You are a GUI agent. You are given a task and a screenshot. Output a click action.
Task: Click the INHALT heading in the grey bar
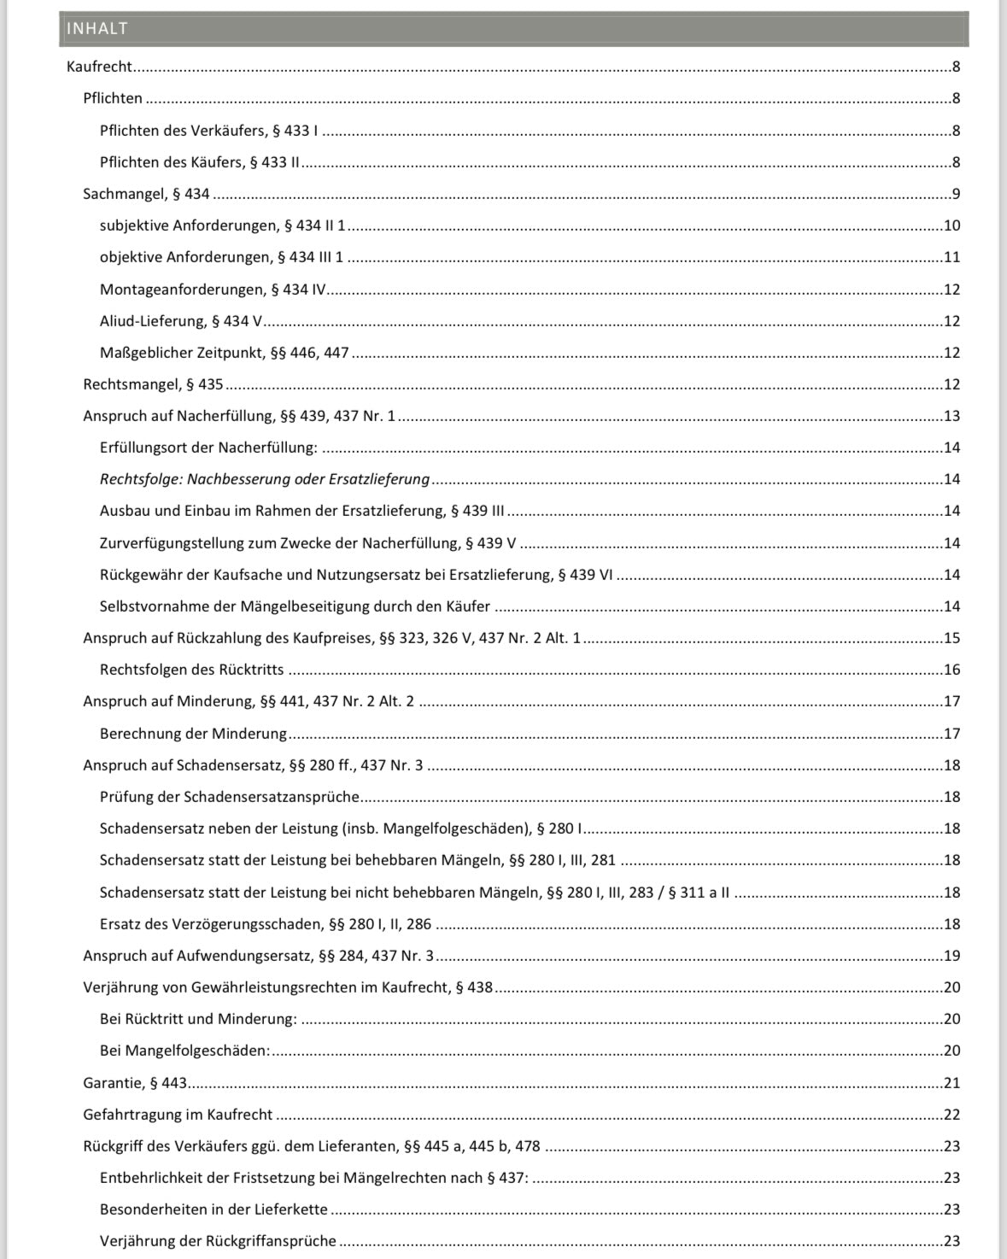(x=97, y=28)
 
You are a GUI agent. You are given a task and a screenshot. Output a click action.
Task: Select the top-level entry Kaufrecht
(x=99, y=67)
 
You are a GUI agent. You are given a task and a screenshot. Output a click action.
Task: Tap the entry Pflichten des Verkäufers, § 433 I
(x=208, y=131)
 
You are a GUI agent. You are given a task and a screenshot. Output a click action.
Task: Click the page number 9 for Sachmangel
(x=956, y=194)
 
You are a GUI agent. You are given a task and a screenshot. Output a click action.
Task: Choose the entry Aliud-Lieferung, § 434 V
(x=181, y=321)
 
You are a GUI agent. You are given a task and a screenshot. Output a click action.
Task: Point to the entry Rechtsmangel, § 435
(x=153, y=384)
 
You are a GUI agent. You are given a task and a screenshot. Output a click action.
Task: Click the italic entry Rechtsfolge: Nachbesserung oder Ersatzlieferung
(x=265, y=479)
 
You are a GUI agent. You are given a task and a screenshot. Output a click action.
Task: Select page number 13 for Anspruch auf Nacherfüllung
(x=951, y=416)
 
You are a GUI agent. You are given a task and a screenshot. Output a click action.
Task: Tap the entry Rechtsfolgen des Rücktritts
(x=192, y=670)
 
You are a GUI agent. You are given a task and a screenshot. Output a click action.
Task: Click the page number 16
(x=951, y=670)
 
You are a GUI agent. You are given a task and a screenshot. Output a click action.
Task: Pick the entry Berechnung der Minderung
(x=193, y=734)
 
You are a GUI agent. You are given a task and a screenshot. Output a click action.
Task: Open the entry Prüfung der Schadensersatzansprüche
(x=230, y=797)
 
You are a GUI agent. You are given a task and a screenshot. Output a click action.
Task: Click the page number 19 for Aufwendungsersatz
(x=951, y=956)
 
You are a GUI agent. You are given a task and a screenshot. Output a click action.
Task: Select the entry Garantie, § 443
(x=135, y=1083)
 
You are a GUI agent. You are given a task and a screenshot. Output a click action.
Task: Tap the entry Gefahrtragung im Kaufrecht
(x=178, y=1115)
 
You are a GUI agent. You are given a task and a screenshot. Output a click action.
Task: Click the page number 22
(x=951, y=1115)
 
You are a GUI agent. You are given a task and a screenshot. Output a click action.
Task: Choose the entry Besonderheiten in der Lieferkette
(x=214, y=1209)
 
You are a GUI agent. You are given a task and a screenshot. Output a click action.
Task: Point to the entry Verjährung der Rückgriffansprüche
(x=218, y=1241)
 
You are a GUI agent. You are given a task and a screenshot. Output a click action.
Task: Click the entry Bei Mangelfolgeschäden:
(x=184, y=1051)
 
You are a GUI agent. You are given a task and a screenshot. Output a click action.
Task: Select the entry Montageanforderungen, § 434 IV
(x=213, y=290)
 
